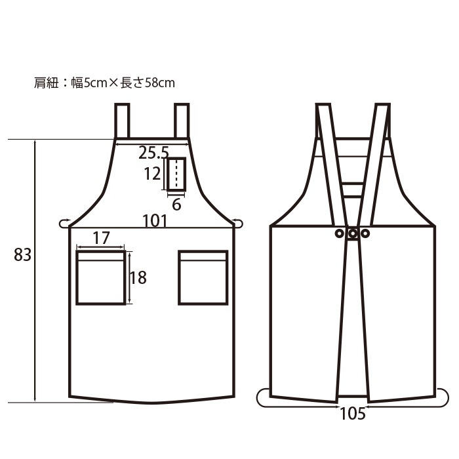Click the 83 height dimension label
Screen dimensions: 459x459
pos(22,254)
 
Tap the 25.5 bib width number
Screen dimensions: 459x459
pos(153,153)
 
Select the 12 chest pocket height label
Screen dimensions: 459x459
pos(152,174)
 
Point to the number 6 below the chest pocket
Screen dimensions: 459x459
pos(176,205)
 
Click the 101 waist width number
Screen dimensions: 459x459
pos(155,221)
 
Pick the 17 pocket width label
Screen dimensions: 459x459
pos(101,238)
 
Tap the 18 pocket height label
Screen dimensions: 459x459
pos(138,277)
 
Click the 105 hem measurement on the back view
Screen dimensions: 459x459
pos(353,414)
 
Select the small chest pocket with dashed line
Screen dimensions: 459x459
pos(176,174)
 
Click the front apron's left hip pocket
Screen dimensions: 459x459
pos(101,277)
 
